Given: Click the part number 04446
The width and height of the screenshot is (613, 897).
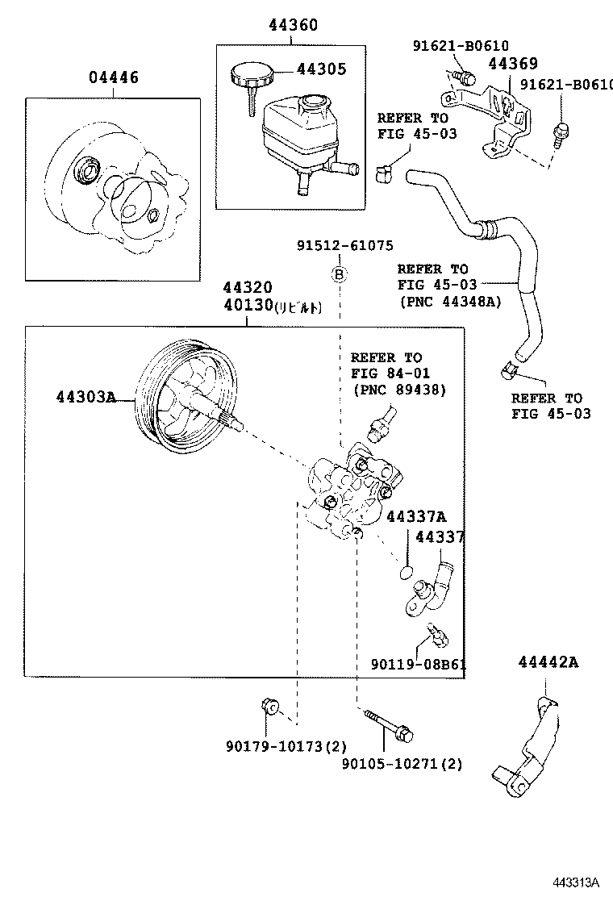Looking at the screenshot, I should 113,77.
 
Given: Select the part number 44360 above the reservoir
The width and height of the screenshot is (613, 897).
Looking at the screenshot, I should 293,26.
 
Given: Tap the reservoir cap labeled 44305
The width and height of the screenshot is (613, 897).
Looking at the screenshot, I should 251,77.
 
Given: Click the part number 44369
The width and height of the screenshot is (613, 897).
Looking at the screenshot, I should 512,65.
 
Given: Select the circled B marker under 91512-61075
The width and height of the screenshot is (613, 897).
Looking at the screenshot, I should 340,275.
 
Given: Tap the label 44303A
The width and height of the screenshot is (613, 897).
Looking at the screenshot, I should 86,397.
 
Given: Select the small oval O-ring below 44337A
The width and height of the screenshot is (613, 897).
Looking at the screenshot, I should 407,573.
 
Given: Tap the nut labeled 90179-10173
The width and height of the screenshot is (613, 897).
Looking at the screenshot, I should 270,707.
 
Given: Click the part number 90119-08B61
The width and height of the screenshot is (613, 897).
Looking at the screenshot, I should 419,665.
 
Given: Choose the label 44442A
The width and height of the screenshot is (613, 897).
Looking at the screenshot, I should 548,662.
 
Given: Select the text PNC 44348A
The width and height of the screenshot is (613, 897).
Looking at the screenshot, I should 449,301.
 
